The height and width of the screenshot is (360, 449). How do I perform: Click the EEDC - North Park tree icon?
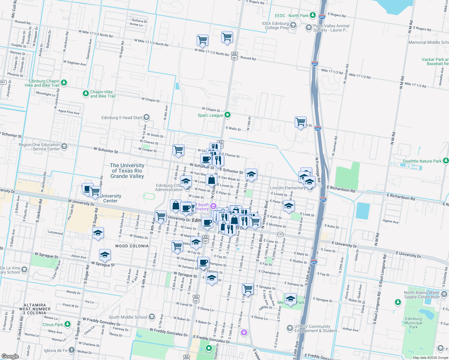pyautogui.click(x=313, y=15)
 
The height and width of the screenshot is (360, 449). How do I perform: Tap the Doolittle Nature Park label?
pyautogui.click(x=422, y=161)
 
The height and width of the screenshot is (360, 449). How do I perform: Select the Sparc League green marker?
pyautogui.click(x=228, y=115)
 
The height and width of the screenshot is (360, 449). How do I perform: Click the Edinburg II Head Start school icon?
pyautogui.click(x=146, y=117)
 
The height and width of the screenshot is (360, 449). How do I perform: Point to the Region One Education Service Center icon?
pyautogui.click(x=64, y=146)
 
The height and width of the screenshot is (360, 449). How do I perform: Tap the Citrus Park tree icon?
pyautogui.click(x=68, y=324)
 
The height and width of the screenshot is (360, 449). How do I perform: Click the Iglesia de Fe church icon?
pyautogui.click(x=71, y=350)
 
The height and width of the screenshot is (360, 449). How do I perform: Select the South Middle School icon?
pyautogui.click(x=152, y=317)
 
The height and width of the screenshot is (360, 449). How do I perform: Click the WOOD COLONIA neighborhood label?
pyautogui.click(x=132, y=246)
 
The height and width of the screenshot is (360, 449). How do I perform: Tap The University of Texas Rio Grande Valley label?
pyautogui.click(x=127, y=171)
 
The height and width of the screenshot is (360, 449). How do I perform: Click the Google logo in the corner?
pyautogui.click(x=10, y=356)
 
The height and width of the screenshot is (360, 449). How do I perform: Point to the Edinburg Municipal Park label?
pyautogui.click(x=413, y=323)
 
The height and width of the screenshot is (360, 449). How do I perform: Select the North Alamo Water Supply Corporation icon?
pyautogui.click(x=444, y=294)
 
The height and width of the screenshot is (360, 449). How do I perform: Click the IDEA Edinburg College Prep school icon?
pyautogui.click(x=293, y=25)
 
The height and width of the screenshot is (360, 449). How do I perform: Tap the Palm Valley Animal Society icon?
pyautogui.click(x=309, y=28)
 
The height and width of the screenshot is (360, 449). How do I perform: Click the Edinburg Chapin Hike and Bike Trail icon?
pyautogui.click(x=64, y=82)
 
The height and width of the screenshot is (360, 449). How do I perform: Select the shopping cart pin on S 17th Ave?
pyautogui.click(x=248, y=289)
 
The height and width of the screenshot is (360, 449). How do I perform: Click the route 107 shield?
pyautogui.click(x=280, y=234)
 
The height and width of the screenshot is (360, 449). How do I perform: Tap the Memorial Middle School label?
pyautogui.click(x=429, y=42)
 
